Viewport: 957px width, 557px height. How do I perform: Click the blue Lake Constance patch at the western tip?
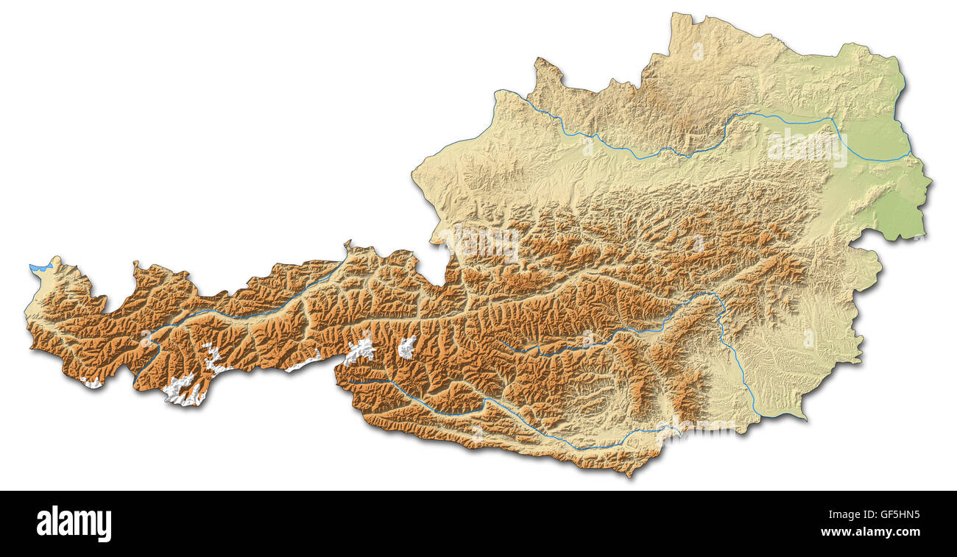tap(40, 267)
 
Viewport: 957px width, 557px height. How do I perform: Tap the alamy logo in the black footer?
tap(74, 524)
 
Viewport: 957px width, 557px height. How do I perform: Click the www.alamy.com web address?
tap(869, 532)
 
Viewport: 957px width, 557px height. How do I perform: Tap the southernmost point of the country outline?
tap(629, 475)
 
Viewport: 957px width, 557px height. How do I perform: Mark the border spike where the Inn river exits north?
tap(347, 244)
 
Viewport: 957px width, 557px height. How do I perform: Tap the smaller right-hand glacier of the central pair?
tap(406, 347)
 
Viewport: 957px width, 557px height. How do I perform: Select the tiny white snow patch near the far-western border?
tap(93, 383)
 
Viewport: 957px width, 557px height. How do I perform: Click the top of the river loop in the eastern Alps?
tap(707, 294)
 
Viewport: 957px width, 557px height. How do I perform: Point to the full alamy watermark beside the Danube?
tap(807, 148)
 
